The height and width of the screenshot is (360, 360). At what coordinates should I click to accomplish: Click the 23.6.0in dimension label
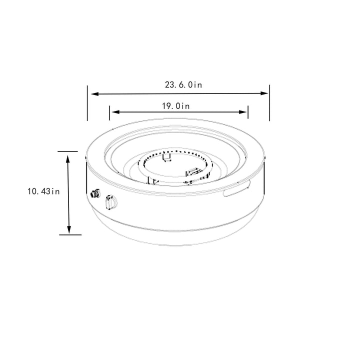tap(183, 85)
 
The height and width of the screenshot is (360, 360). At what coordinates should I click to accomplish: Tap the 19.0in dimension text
tap(175, 105)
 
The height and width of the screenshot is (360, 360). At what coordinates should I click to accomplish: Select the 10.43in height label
tap(44, 191)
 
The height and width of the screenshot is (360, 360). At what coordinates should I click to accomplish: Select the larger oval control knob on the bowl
tap(110, 202)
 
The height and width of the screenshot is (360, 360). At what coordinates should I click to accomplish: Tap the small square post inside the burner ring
tap(167, 158)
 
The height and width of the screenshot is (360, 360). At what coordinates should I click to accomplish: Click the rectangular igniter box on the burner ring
tap(193, 173)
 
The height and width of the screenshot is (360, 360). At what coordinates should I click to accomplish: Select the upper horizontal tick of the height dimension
tap(68, 150)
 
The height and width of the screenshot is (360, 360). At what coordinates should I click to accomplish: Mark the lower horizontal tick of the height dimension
tap(68, 234)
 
